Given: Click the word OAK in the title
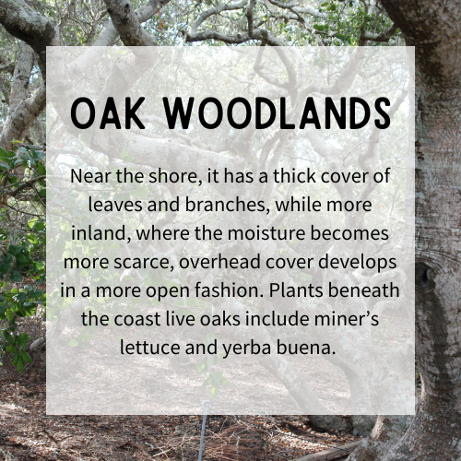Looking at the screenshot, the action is coord(108,113).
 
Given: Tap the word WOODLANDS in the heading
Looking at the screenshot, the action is coord(278,113).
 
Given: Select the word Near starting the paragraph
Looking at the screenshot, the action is coord(90,176).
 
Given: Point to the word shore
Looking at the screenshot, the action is coord(174,177).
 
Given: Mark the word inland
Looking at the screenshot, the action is coord(100,233).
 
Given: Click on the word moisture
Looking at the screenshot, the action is coord(266,233).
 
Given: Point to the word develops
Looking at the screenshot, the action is coord(358,262).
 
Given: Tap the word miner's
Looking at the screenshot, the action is coord(347,319).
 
